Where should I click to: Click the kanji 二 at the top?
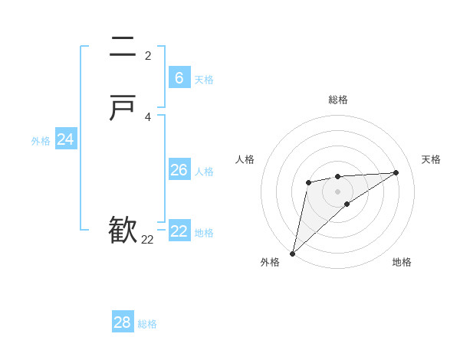click(x=123, y=48)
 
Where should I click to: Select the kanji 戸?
click(x=123, y=110)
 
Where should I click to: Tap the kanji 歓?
click(x=123, y=231)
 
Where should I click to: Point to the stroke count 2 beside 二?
click(x=148, y=55)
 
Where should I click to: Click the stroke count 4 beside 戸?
click(x=148, y=116)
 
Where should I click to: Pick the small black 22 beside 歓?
click(x=147, y=240)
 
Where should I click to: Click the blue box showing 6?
click(x=179, y=78)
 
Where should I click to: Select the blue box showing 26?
click(x=179, y=170)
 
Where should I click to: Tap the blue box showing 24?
click(x=65, y=139)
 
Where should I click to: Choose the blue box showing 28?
click(x=122, y=322)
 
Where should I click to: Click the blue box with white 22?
click(x=179, y=231)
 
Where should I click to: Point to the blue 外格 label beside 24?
click(x=41, y=141)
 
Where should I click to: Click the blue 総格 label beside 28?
click(x=147, y=324)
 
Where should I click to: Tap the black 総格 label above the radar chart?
click(x=337, y=100)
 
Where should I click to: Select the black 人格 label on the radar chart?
click(x=245, y=159)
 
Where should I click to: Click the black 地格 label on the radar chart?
click(x=402, y=263)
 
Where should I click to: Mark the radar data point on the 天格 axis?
click(x=396, y=172)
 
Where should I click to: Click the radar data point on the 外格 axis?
click(x=292, y=253)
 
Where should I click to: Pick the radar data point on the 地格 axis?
click(x=347, y=204)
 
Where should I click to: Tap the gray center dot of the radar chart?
click(x=337, y=191)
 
